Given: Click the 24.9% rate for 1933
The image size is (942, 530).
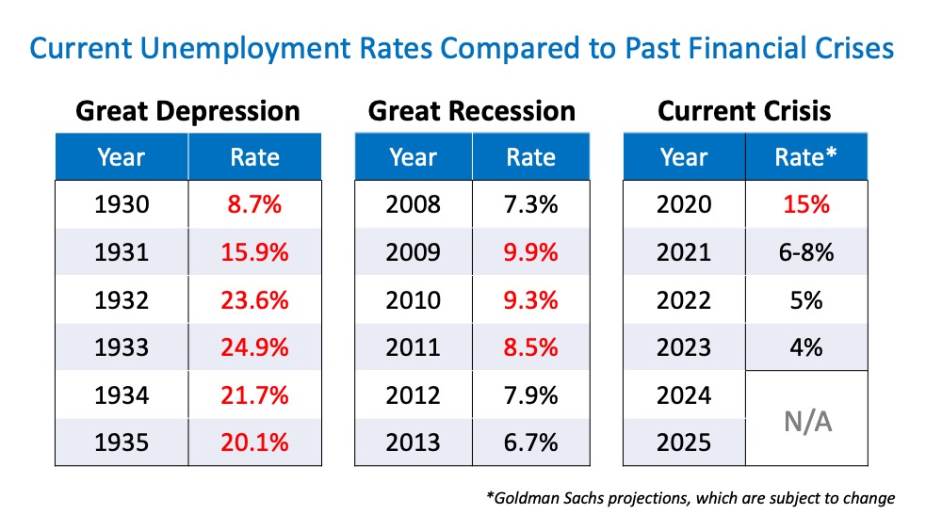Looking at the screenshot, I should coord(254,346).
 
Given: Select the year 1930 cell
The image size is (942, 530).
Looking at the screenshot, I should coord(122,204).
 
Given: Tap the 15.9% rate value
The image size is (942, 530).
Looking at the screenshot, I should coord(254,251).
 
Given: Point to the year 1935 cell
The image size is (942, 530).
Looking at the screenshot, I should coord(122,442).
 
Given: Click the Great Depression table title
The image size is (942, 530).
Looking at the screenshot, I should coord(187,111).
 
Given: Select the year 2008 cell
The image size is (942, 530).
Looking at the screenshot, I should coord(414,204).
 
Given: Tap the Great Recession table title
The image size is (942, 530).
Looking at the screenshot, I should coord(471,111).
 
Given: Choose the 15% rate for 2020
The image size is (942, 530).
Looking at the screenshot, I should coord(805,204).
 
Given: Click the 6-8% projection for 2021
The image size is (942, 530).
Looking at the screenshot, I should coord(805,251).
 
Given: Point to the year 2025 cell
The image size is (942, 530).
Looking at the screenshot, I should coord(684,442).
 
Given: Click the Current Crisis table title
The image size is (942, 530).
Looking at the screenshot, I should coord(744,111).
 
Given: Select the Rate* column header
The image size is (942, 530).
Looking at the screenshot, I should coord(805,156).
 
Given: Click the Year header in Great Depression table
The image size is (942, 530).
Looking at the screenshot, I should coord(122,156).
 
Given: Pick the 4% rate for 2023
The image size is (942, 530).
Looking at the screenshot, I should coord(805,346).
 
